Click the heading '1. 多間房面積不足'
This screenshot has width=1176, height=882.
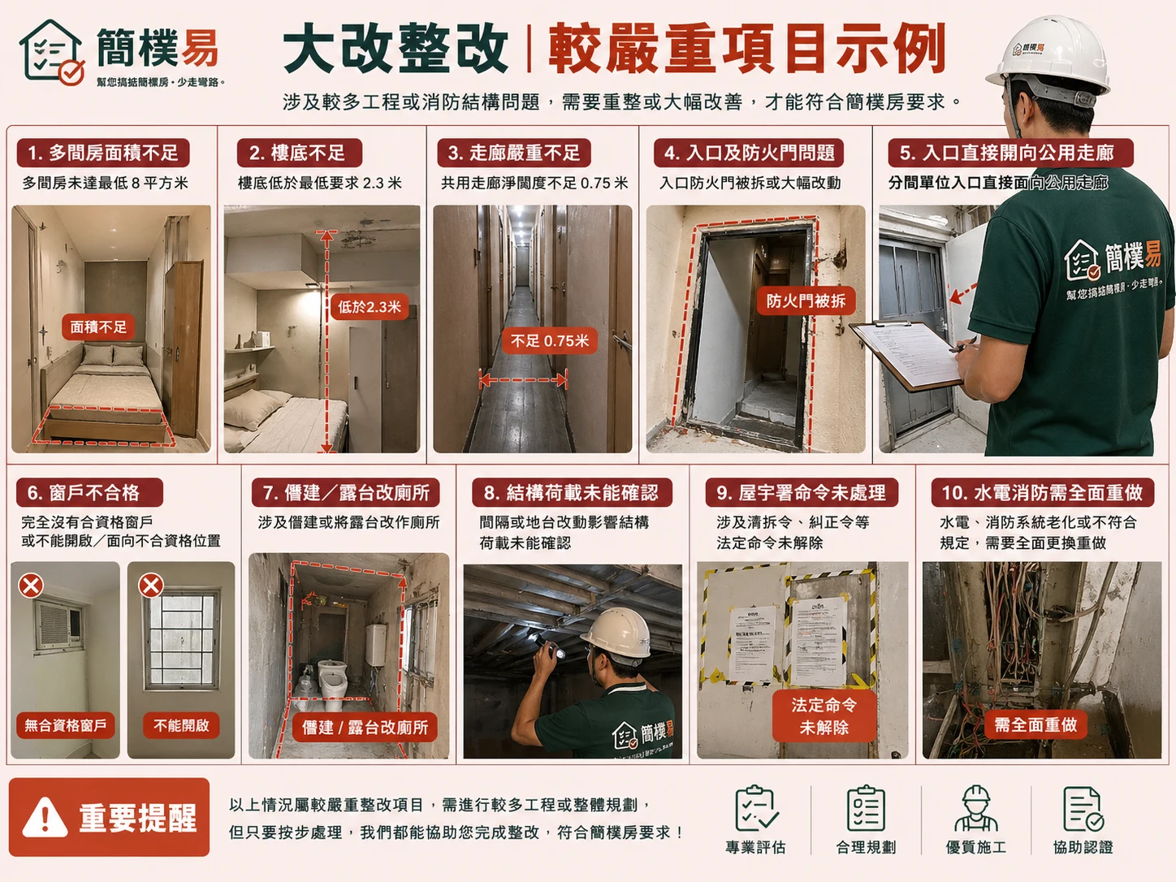pos(103,153)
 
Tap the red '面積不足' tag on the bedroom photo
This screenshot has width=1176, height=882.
pos(98,327)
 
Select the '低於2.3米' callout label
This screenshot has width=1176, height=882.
pos(370,307)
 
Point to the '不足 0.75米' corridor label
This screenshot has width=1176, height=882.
pos(550,341)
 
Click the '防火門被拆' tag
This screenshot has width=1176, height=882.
pos(806,301)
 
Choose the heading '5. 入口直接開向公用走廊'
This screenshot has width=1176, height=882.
pos(1006,153)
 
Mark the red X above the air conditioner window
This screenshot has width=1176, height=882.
pos(32,585)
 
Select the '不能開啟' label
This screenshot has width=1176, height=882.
pos(181,725)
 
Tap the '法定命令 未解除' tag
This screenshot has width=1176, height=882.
pos(824,716)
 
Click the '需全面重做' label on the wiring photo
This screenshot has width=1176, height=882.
pos(1035,724)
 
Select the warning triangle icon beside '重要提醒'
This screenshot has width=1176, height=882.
pos(45,817)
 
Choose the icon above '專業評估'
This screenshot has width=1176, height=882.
pos(755,809)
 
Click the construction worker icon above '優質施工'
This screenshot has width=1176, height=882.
pos(975,809)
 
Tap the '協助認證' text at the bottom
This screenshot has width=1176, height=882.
pos(1083,847)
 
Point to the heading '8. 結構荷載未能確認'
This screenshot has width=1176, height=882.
pos(571,493)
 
